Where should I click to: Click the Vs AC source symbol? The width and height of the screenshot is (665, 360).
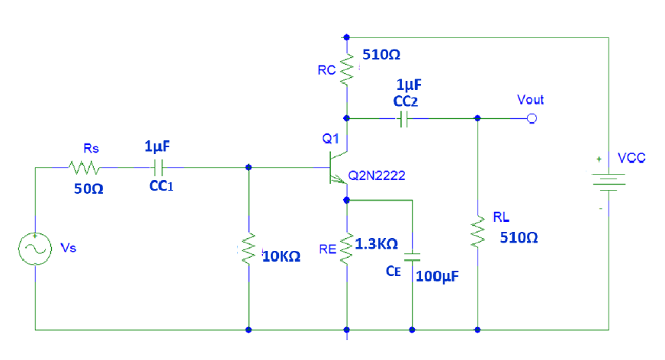point(35,250)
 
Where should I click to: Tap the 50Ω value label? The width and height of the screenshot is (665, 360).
point(84,188)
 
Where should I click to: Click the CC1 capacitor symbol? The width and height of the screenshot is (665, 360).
point(159,166)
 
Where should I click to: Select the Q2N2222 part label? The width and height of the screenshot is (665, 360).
point(377,176)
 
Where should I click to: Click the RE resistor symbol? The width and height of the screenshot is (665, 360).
point(347,249)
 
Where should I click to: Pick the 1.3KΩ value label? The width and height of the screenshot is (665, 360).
point(377,243)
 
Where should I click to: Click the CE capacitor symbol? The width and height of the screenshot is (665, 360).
point(412,256)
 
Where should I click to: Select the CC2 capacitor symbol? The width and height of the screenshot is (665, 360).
point(404,118)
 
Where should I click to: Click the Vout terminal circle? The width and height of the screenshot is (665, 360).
point(532,118)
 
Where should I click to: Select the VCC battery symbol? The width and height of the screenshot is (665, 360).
point(608,183)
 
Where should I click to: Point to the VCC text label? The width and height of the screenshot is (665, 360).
point(632,158)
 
